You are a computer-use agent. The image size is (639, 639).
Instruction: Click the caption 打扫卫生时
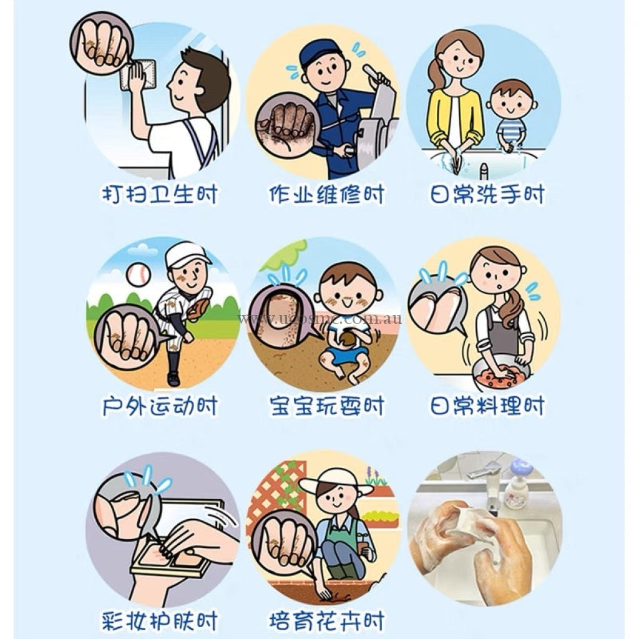[160, 195]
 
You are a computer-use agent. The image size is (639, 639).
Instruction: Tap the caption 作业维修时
[326, 195]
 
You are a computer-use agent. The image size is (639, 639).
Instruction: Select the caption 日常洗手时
[487, 195]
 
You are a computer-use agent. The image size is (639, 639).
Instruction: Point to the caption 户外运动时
[160, 406]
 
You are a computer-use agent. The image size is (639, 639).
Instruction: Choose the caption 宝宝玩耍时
[326, 406]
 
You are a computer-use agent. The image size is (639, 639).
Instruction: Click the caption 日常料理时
[487, 406]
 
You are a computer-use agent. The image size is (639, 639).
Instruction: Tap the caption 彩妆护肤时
[160, 621]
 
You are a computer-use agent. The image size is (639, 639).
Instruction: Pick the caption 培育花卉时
[326, 621]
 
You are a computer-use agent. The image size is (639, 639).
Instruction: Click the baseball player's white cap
[186, 255]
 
